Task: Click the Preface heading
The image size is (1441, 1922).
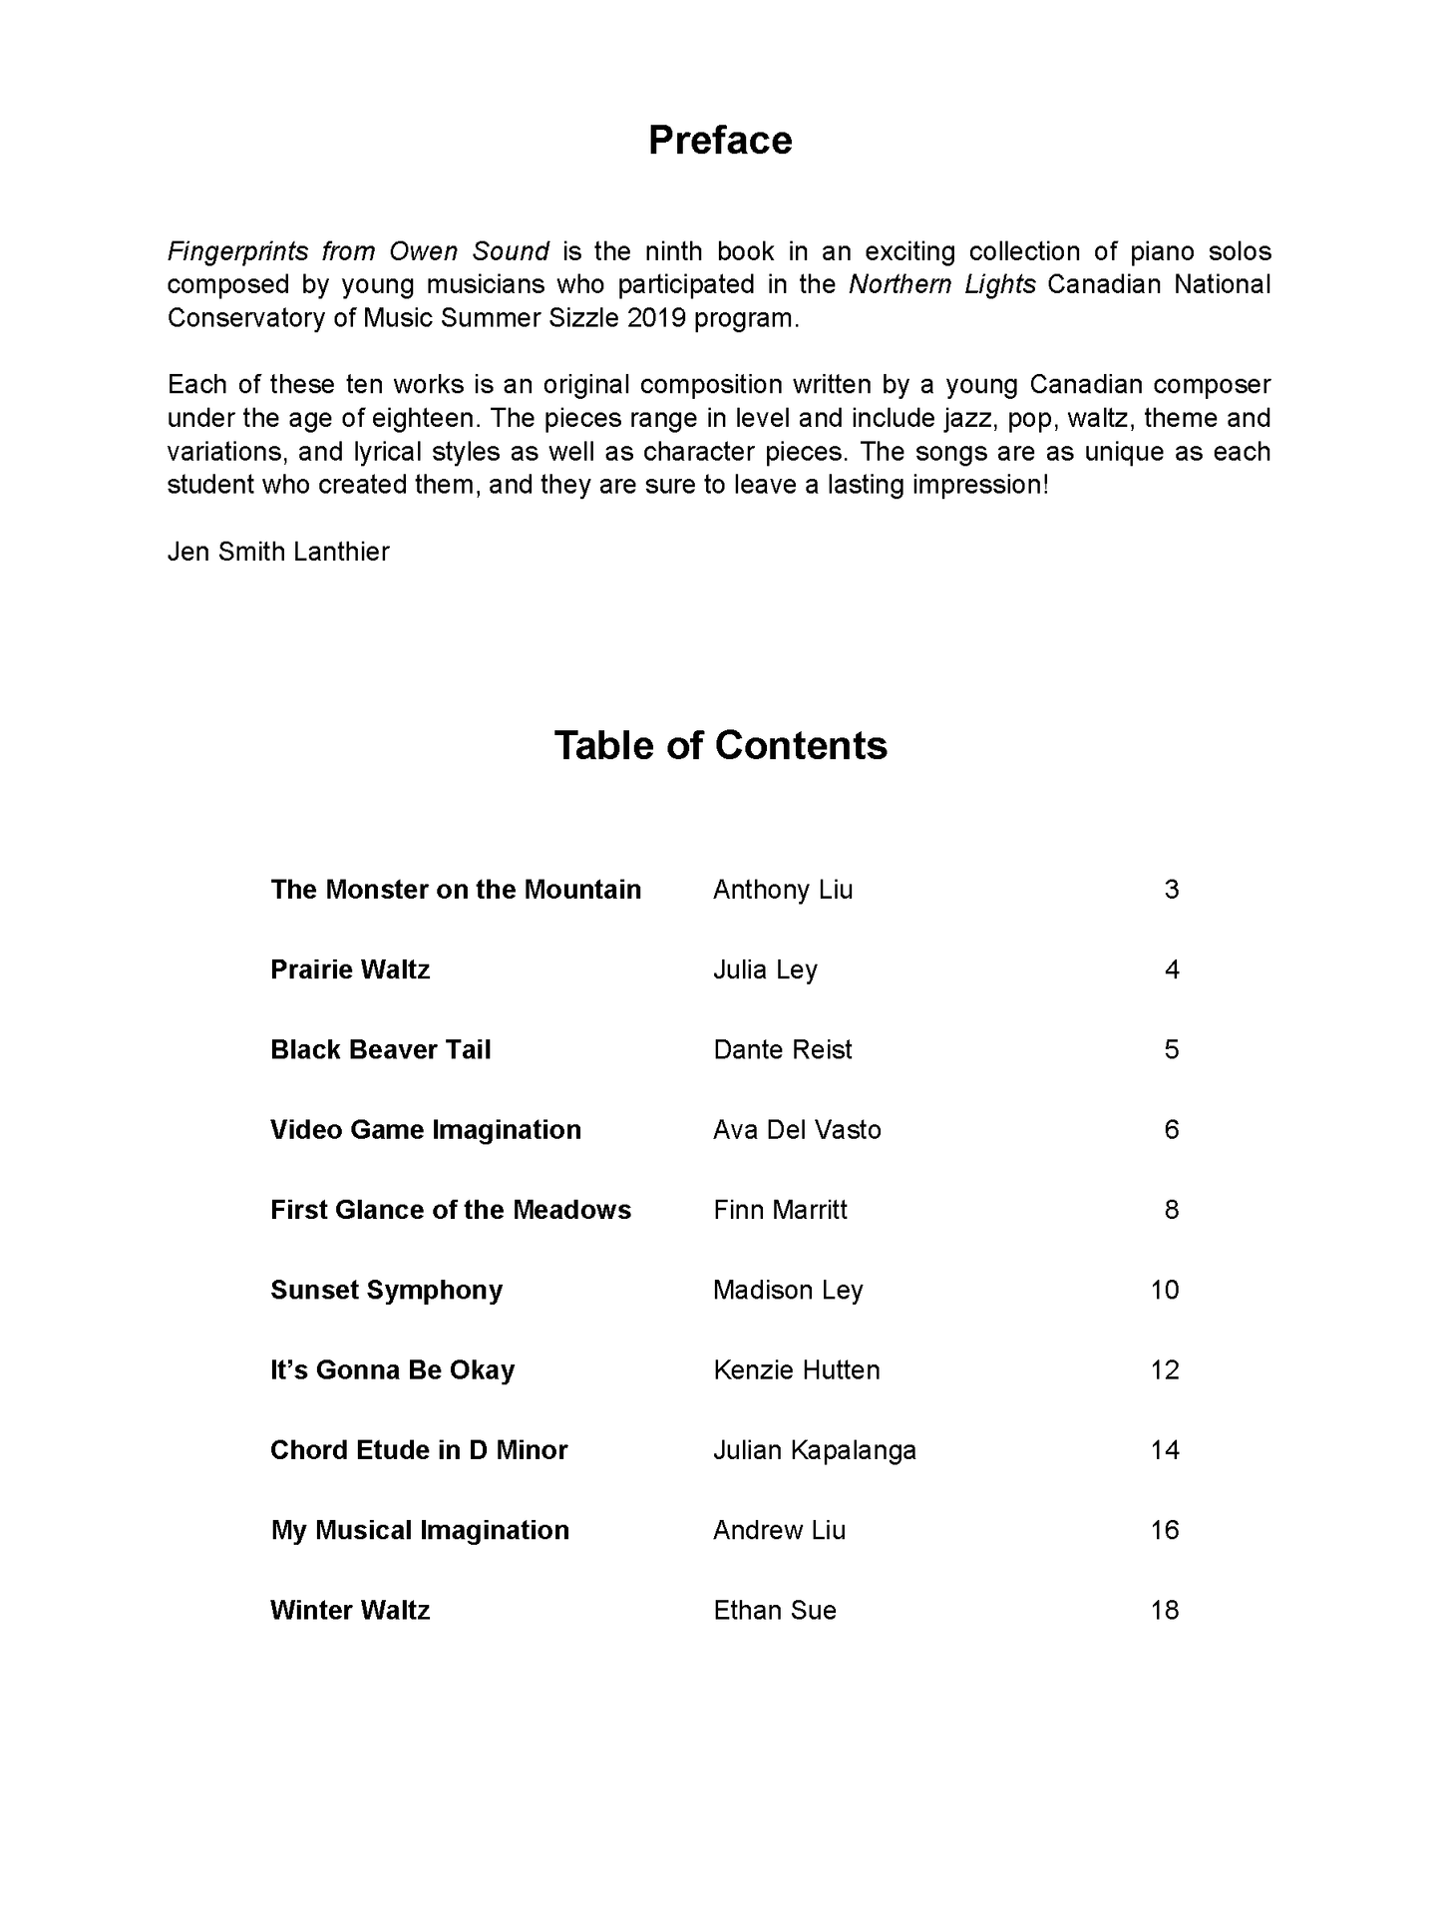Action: pos(720,141)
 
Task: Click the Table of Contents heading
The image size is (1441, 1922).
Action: pos(720,746)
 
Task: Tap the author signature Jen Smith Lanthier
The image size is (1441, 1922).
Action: pos(278,552)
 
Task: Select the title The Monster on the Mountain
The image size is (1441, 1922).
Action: pos(456,890)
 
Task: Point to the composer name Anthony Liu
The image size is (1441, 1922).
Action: pos(783,890)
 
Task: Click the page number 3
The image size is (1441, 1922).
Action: pos(1171,890)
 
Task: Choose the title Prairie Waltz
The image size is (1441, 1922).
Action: pos(350,969)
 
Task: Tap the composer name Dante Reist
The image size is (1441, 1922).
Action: pos(783,1050)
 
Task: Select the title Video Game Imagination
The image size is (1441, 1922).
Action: pos(426,1130)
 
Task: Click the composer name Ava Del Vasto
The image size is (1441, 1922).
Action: pos(797,1130)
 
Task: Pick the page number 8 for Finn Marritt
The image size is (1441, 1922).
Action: pos(1171,1210)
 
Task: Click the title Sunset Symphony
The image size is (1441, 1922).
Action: pos(386,1290)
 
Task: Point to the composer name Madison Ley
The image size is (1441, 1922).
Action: pos(788,1290)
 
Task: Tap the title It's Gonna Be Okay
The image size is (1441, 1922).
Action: pos(392,1370)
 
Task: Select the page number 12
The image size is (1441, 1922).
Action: pos(1165,1370)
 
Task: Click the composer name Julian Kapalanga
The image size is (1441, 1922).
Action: pos(814,1450)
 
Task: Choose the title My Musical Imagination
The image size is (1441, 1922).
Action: pos(420,1530)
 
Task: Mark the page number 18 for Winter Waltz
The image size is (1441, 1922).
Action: pos(1165,1610)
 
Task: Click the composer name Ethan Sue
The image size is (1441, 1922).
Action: pos(775,1610)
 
